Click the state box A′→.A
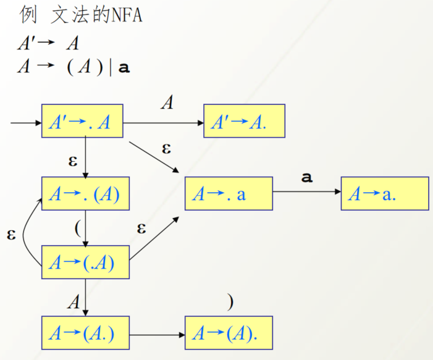[x=82, y=122]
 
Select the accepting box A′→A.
[x=244, y=122]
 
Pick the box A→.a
[x=229, y=194]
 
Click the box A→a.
[x=384, y=194]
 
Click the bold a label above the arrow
[x=306, y=178]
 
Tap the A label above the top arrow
[x=167, y=103]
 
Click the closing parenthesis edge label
[x=230, y=302]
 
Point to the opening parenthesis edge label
[x=77, y=227]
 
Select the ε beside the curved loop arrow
[x=11, y=235]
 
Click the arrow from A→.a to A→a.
[x=306, y=192]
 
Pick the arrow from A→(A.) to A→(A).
[x=158, y=334]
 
